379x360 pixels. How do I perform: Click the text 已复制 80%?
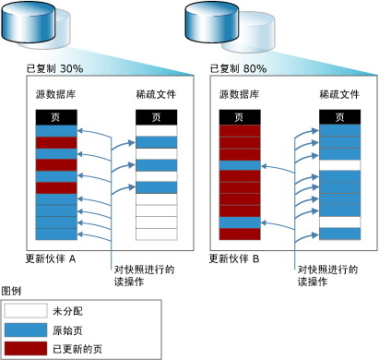tap(239, 68)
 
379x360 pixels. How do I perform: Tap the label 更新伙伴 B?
tap(237, 258)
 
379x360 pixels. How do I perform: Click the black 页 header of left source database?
tap(55, 117)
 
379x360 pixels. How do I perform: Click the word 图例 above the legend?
tap(12, 291)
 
